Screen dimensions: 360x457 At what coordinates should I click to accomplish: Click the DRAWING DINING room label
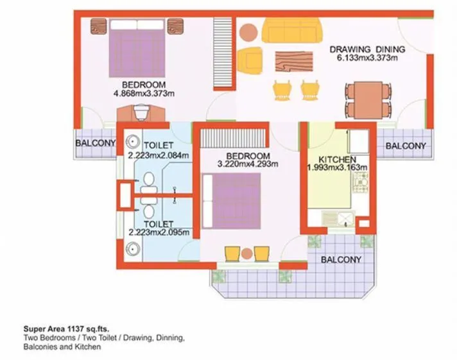(367, 49)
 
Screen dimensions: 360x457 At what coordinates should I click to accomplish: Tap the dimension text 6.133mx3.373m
(367, 58)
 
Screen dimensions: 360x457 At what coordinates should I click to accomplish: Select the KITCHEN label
(338, 159)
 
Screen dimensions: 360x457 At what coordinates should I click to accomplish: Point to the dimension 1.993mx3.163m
(338, 168)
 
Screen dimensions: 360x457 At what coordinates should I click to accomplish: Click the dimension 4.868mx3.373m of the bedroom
(144, 94)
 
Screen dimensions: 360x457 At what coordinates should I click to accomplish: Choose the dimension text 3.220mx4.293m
(247, 164)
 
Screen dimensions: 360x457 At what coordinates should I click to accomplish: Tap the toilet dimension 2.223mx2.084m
(158, 155)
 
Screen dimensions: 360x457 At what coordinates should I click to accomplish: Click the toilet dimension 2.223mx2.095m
(158, 232)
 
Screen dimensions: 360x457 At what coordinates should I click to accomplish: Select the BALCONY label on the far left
(96, 144)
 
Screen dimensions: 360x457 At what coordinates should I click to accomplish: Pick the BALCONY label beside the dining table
(405, 146)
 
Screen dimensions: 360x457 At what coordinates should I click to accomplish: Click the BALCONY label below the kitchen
(340, 260)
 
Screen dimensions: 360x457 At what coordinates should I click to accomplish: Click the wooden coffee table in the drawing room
(291, 60)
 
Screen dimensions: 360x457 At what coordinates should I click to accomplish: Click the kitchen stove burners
(360, 187)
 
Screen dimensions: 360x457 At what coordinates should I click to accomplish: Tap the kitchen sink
(342, 220)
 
